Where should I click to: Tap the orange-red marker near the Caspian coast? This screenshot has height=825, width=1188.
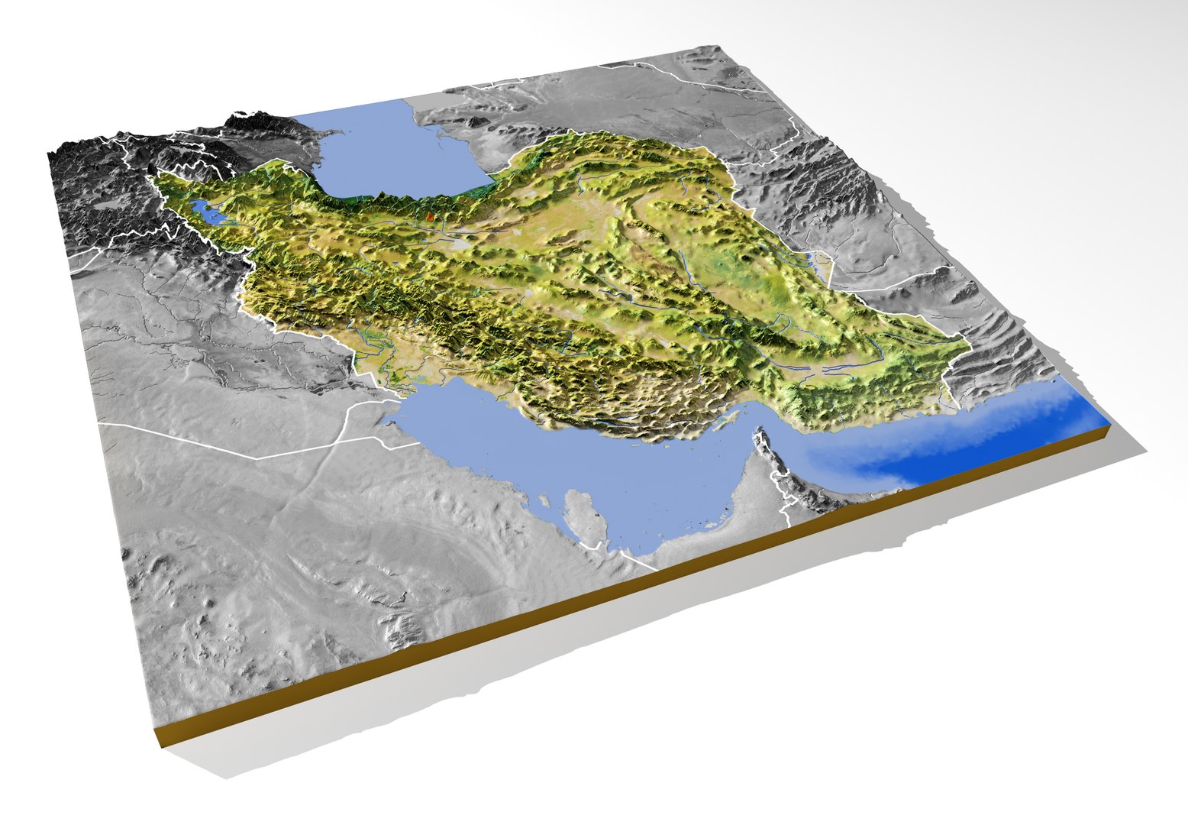tap(429, 217)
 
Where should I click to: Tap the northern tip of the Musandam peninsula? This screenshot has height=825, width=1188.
tap(759, 436)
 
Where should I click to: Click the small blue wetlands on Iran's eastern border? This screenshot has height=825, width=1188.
tap(822, 264)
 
